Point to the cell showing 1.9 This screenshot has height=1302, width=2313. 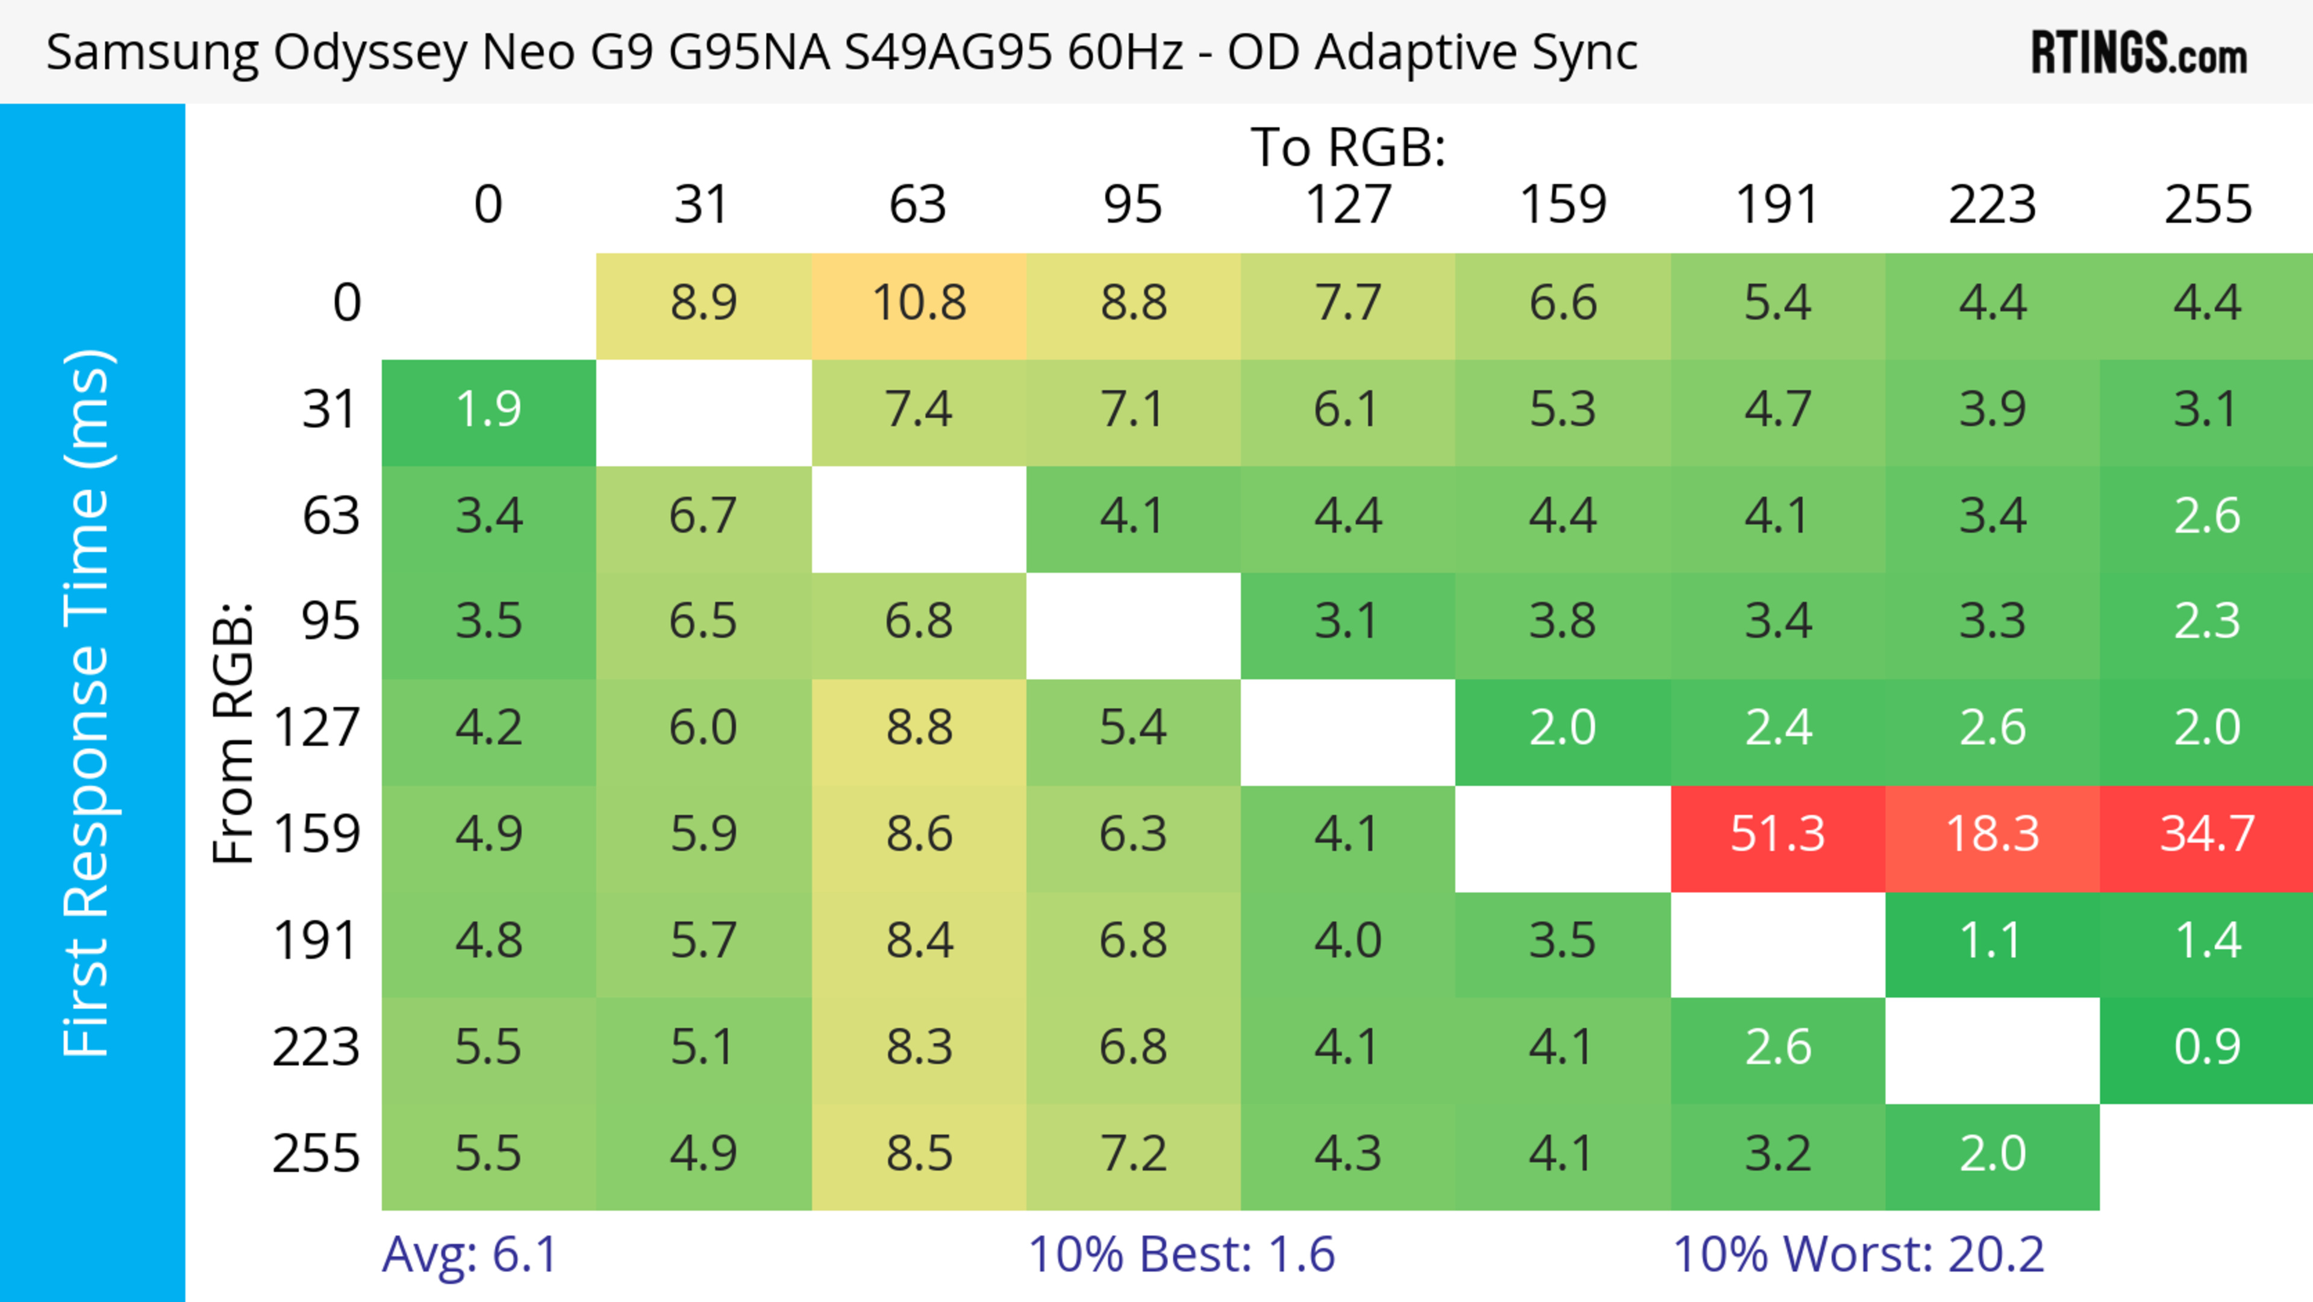[x=489, y=410]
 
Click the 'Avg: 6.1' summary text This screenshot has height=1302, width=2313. [x=470, y=1254]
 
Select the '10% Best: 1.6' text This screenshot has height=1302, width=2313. [x=1181, y=1254]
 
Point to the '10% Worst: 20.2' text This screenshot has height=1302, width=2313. [x=1858, y=1254]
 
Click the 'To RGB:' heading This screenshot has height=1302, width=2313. [x=1348, y=147]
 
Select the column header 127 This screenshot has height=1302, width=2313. [x=1348, y=205]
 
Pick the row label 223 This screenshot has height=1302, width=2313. [x=316, y=1048]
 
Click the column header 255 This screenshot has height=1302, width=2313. [x=2207, y=205]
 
